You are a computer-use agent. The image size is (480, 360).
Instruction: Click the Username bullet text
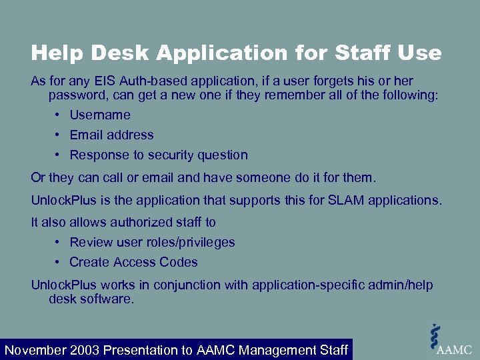pos(100,115)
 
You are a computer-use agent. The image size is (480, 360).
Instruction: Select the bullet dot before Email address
pos(59,135)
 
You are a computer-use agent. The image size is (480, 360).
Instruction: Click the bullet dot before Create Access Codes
pos(59,262)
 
